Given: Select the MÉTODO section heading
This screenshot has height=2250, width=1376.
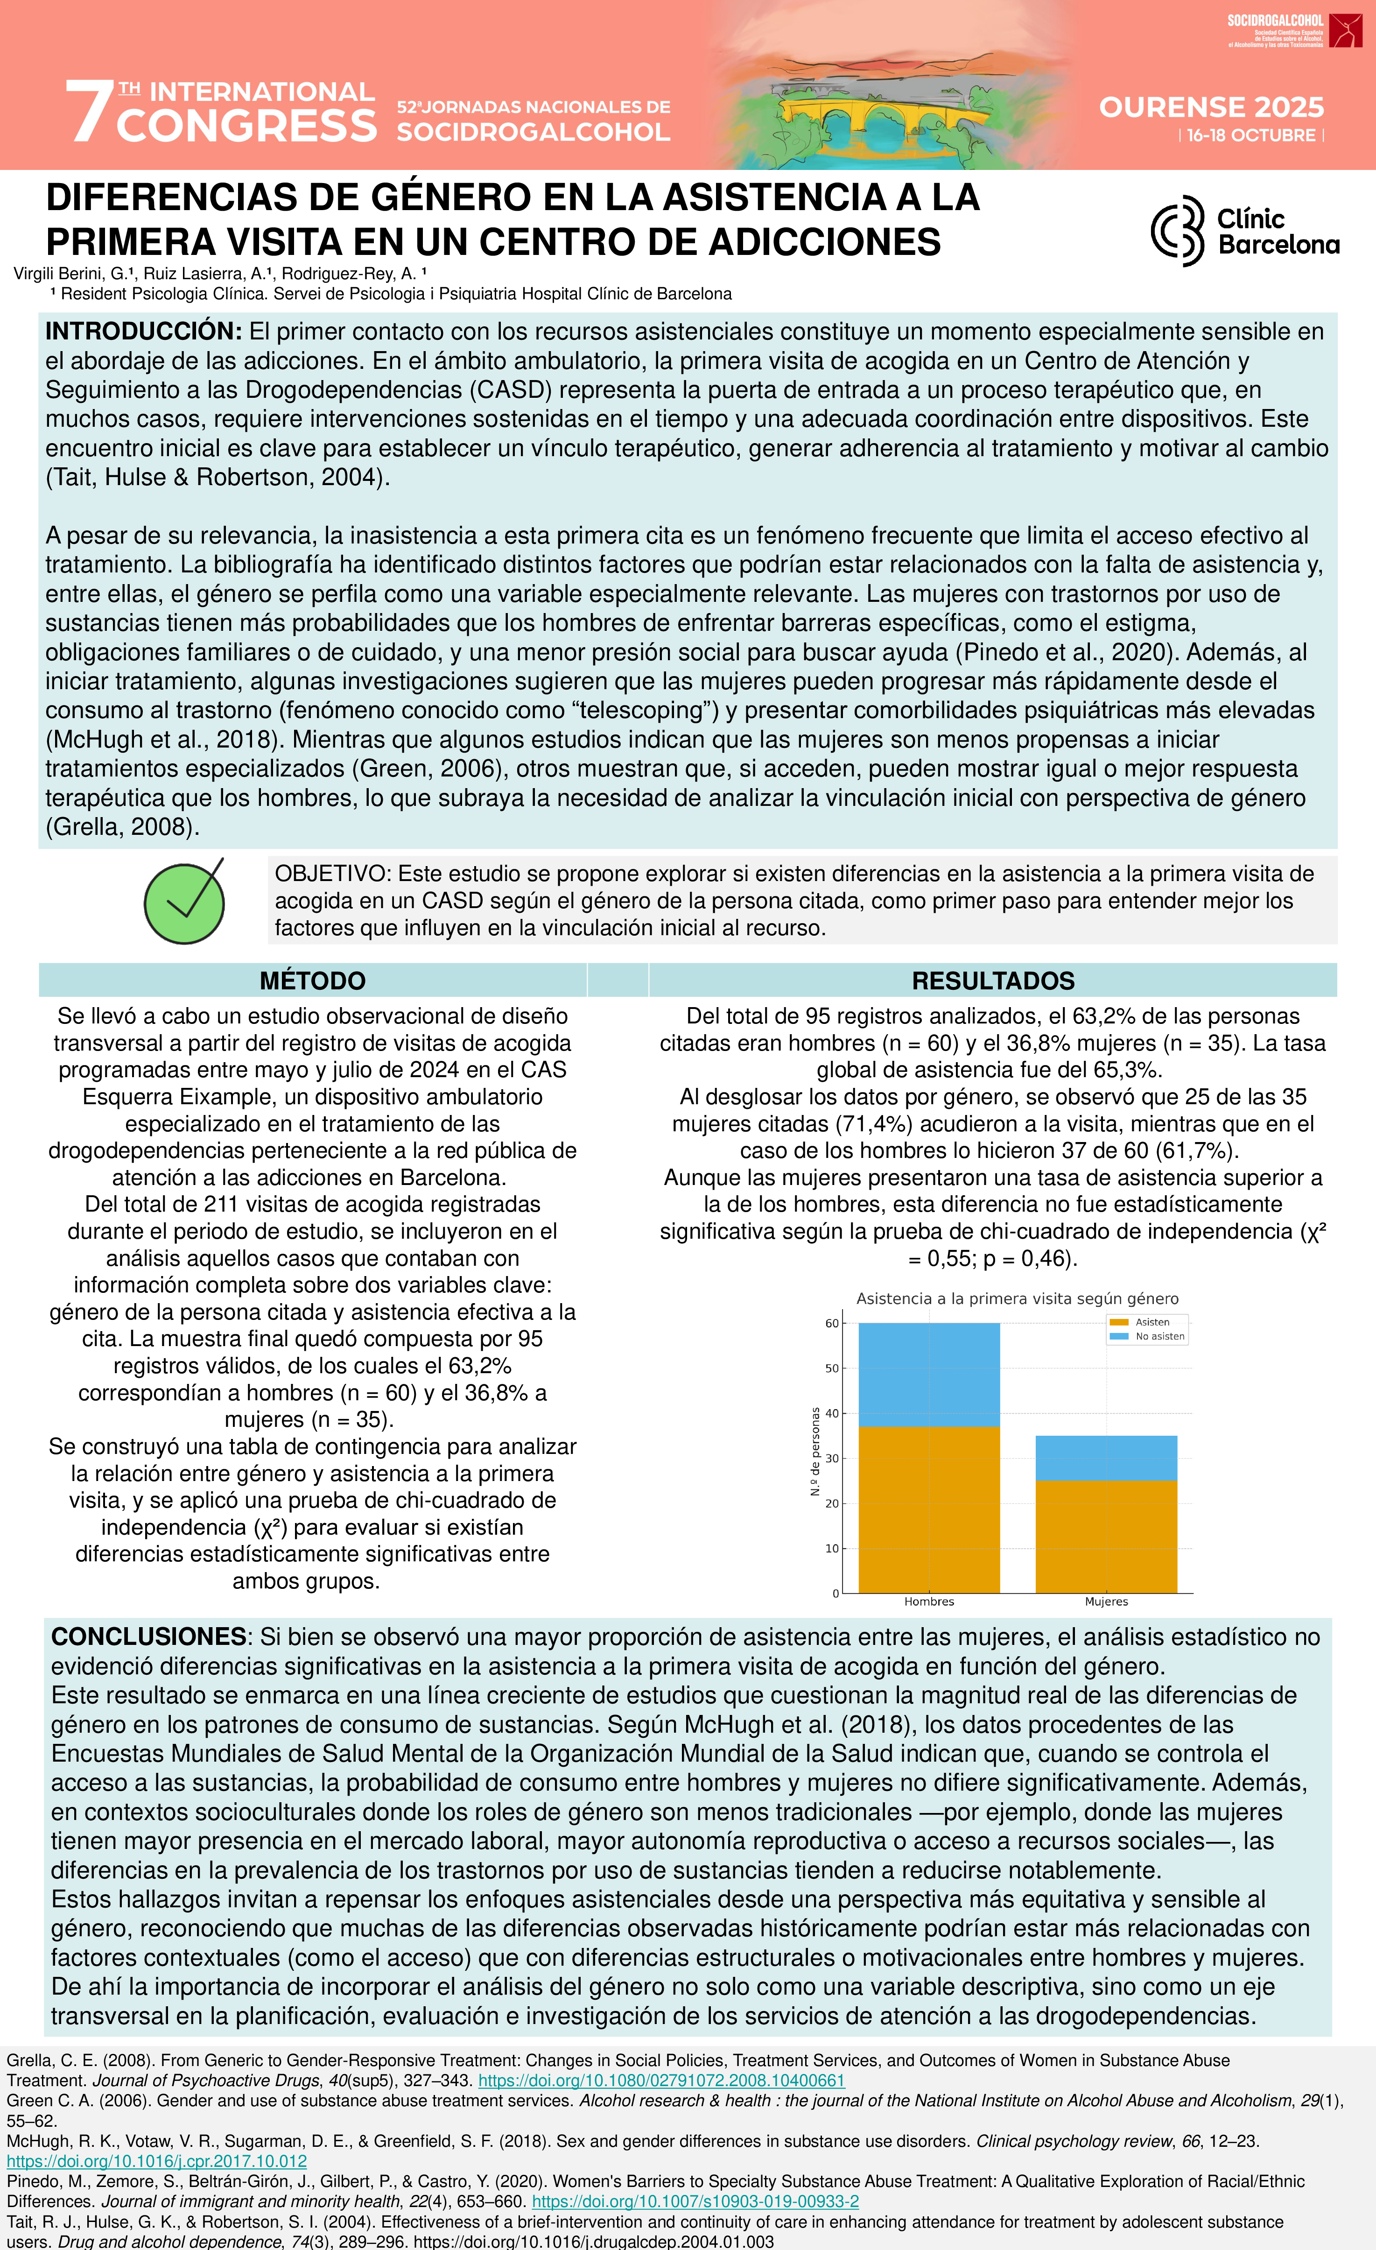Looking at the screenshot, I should pyautogui.click(x=312, y=980).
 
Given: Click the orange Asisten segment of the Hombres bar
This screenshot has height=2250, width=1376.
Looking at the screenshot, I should pyautogui.click(x=928, y=1509).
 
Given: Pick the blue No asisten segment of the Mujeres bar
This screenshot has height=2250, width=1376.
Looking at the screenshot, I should pyautogui.click(x=1106, y=1458).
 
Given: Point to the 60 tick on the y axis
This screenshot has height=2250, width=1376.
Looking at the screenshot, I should pyautogui.click(x=832, y=1323).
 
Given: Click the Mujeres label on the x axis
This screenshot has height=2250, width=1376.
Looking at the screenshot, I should pyautogui.click(x=1106, y=1601).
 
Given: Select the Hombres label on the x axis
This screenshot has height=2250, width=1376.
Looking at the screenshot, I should pyautogui.click(x=928, y=1601).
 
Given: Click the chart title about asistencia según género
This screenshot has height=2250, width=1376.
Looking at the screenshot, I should pyautogui.click(x=1017, y=1298).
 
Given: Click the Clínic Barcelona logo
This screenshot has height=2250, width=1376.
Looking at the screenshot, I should pyautogui.click(x=1244, y=231).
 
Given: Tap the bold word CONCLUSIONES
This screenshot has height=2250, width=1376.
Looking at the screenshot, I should pyautogui.click(x=148, y=1636).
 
